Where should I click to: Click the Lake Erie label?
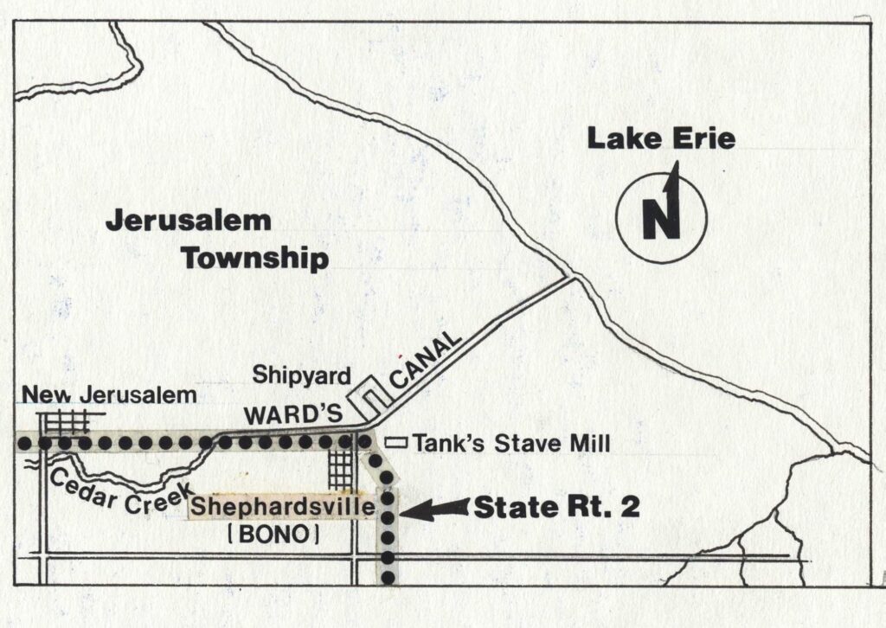click(661, 138)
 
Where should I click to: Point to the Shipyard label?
click(300, 375)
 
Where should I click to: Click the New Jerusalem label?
click(109, 396)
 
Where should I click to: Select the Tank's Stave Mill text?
click(511, 444)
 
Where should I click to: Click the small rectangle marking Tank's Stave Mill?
click(396, 442)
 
